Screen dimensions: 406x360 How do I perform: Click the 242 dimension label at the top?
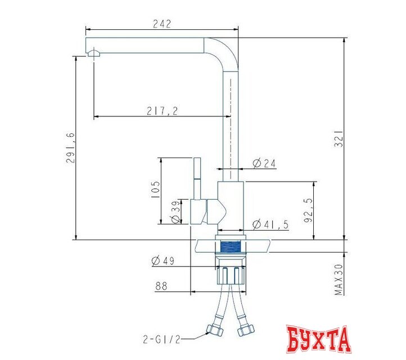pos(162,24)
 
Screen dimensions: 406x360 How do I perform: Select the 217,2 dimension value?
pos(163,111)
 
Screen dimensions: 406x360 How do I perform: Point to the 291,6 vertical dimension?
pos(70,147)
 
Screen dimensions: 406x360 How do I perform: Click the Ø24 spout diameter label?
pos(264,163)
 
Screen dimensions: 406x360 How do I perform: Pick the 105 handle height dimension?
pos(155,190)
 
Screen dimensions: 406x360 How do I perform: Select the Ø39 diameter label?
pos(176,211)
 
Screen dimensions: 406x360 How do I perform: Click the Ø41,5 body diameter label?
pos(270,224)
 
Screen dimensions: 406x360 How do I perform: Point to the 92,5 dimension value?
pos(308,210)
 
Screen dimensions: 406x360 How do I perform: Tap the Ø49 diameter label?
pos(163,260)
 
